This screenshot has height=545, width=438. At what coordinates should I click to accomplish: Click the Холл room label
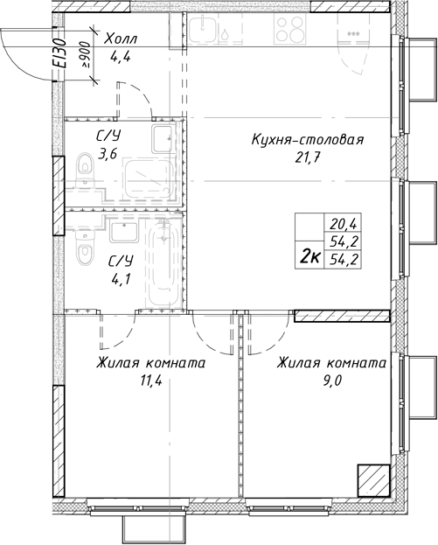(119, 39)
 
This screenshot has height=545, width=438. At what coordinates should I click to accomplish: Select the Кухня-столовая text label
(306, 139)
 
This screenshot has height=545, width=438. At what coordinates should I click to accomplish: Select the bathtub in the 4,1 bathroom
(163, 262)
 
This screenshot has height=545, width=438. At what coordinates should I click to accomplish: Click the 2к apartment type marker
(309, 255)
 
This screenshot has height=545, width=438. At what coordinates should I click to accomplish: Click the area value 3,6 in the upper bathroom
(108, 155)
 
